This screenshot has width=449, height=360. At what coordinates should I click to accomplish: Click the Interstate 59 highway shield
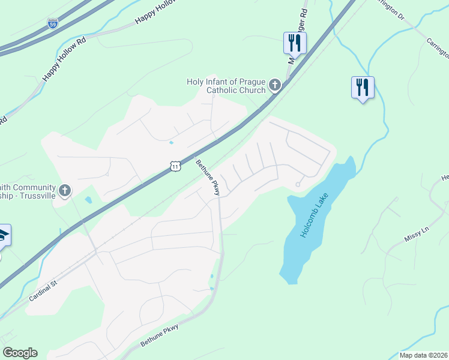coord(53,24)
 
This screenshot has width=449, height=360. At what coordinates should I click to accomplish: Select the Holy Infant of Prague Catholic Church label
coord(225,86)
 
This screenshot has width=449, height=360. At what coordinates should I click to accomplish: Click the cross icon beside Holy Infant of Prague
coord(275,85)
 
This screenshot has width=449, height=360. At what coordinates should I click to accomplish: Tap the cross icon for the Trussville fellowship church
coord(66,190)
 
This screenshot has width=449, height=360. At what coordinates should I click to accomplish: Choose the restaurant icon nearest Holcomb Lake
coord(362,87)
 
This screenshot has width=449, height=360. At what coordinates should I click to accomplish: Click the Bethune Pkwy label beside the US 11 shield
coord(208,178)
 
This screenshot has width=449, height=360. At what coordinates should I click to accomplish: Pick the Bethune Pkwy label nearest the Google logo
coord(160,335)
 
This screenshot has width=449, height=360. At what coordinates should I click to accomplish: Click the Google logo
coord(20,353)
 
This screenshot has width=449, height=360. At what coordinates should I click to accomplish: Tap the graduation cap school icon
coord(3,235)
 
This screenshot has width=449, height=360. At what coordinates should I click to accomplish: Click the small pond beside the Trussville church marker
coord(89,200)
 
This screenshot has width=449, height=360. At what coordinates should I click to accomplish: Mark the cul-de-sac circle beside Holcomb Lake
coord(298,185)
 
